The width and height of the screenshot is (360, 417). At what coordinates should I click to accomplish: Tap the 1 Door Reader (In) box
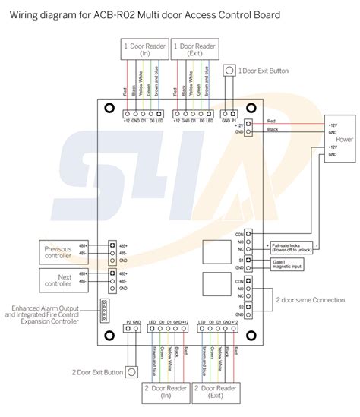144,50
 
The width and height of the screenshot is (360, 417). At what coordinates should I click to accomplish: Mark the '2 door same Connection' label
308,300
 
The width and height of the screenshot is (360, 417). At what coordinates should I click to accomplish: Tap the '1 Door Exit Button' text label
264,71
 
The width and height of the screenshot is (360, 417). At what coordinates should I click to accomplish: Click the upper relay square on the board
215,252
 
